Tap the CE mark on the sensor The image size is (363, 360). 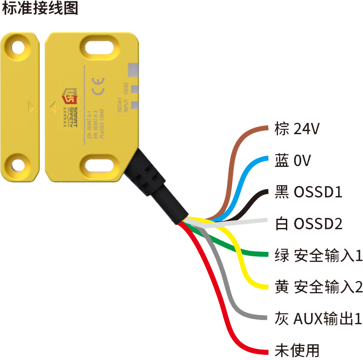coord(98,85)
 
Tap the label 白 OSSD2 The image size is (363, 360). coord(306,223)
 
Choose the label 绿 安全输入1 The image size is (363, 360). coord(316,255)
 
